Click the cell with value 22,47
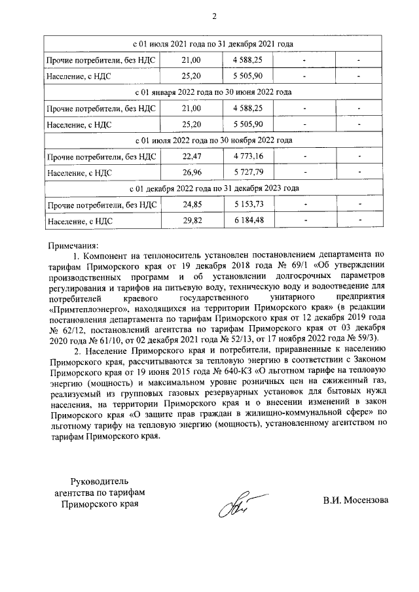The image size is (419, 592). click(x=191, y=157)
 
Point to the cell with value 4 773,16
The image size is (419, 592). click(x=247, y=157)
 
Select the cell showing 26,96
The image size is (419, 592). click(x=191, y=173)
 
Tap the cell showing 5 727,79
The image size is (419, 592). click(x=247, y=173)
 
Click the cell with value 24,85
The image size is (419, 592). click(x=191, y=205)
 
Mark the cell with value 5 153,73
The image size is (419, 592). click(x=247, y=205)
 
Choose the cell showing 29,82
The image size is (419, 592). click(x=191, y=221)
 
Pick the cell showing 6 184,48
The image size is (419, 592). click(x=247, y=221)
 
